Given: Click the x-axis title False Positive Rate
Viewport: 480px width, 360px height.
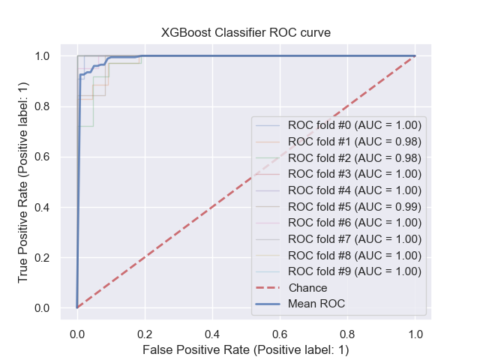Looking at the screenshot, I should [x=246, y=349].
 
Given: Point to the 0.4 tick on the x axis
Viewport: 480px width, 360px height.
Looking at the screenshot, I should [x=212, y=332].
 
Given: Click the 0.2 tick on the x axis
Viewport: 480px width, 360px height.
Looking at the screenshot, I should [x=145, y=332].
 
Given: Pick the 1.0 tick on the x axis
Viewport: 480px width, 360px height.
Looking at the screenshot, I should [x=415, y=332].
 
